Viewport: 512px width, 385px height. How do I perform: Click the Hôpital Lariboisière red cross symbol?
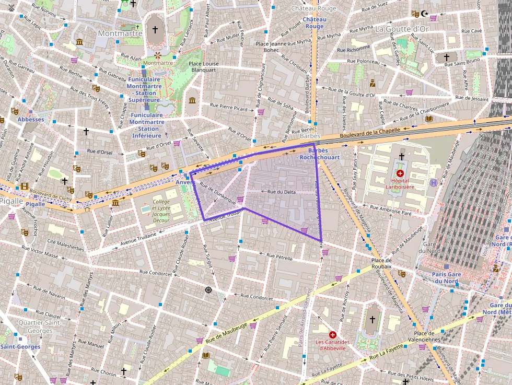[400, 173]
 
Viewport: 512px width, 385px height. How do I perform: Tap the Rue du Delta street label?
[282, 192]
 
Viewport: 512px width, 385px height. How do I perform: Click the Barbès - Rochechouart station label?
[318, 154]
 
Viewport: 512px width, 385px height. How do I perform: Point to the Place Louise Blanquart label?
[203, 66]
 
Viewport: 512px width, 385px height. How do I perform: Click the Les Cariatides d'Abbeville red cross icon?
[332, 334]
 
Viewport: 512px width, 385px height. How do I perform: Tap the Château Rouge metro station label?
[315, 22]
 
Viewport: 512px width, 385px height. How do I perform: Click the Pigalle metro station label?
[36, 204]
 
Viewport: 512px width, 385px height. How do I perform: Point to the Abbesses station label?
[31, 119]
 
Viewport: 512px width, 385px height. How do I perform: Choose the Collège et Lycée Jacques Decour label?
[161, 211]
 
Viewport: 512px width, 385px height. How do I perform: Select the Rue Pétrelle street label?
[280, 256]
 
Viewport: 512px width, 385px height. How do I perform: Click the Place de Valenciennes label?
[428, 336]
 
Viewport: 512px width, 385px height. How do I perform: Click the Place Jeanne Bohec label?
[271, 47]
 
